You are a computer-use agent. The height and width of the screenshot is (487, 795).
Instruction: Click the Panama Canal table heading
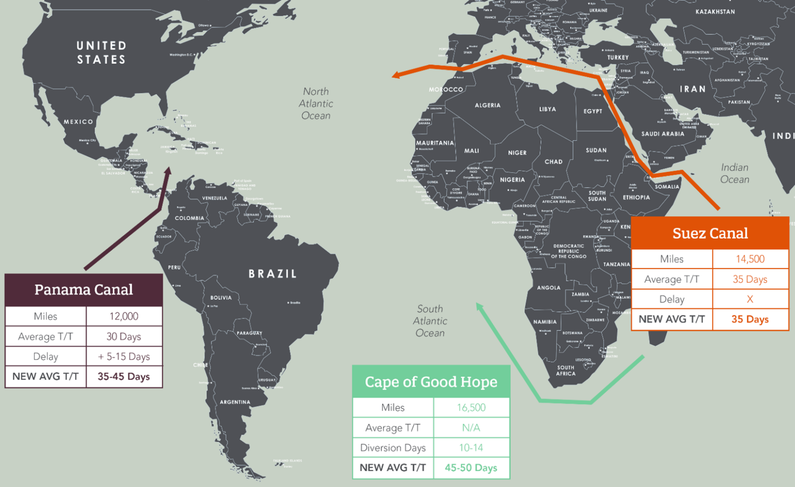[x=83, y=290]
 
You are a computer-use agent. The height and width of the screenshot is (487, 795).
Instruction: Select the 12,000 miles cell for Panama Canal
[x=124, y=316]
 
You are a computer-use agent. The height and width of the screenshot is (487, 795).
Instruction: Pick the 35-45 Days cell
[x=124, y=377]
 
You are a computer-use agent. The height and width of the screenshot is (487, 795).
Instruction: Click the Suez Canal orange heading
[x=710, y=233]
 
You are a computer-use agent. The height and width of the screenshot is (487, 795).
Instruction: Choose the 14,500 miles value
[x=750, y=259]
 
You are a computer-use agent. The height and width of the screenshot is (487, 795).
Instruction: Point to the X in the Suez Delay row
[x=750, y=299]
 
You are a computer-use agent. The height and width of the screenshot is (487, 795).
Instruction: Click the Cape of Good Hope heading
[x=431, y=382]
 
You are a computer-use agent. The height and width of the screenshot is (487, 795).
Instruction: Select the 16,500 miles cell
[x=471, y=408]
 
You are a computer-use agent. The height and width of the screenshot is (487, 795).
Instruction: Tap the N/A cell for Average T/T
[x=471, y=428]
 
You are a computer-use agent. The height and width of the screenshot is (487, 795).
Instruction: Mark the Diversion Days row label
[x=393, y=448]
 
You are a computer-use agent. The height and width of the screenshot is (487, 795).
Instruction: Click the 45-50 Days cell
[x=471, y=468]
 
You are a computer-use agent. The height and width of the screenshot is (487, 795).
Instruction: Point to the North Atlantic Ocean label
[x=316, y=104]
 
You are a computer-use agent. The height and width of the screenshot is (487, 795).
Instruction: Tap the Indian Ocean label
[x=734, y=173]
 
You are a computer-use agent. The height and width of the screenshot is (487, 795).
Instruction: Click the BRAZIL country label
[x=273, y=274]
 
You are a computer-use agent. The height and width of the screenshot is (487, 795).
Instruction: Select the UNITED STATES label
[x=101, y=53]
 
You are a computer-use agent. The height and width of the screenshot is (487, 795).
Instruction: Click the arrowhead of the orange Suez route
[x=396, y=76]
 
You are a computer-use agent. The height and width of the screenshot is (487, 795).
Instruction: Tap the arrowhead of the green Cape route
[x=479, y=307]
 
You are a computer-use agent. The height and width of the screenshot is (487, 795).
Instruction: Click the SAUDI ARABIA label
[x=662, y=134]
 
